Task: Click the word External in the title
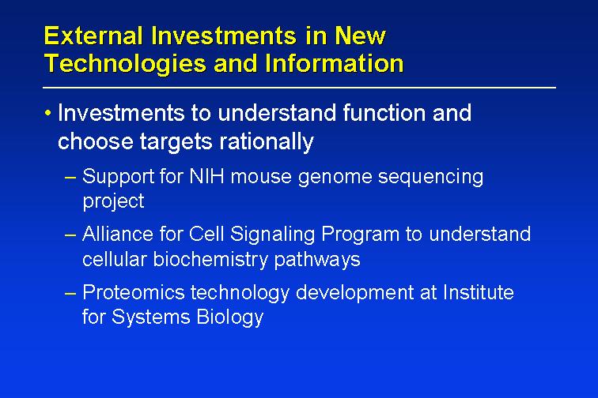pyautogui.click(x=94, y=36)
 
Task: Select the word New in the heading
pyautogui.click(x=361, y=36)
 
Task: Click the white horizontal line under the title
pyautogui.click(x=299, y=88)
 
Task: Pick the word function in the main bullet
pyautogui.click(x=384, y=113)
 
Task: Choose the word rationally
pyautogui.click(x=267, y=141)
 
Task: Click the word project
pyautogui.click(x=113, y=201)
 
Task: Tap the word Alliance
pyautogui.click(x=118, y=234)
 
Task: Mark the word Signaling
pyautogui.click(x=272, y=235)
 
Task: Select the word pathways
pyautogui.click(x=317, y=260)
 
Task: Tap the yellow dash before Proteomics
pyautogui.click(x=70, y=294)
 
